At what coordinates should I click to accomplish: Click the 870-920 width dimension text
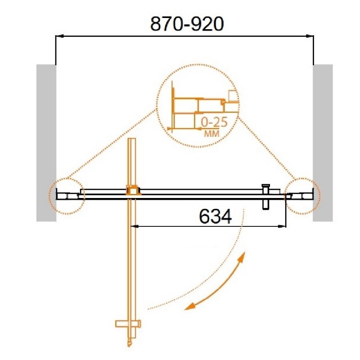pos(187,24)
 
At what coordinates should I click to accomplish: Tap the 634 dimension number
pos(216,217)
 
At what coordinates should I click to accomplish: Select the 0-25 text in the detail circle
pos(214,122)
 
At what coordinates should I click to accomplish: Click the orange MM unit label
pos(211,133)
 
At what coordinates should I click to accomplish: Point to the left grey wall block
pos(46,143)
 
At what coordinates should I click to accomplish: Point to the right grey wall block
pos(323,143)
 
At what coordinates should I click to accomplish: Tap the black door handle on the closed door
pos(265,197)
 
